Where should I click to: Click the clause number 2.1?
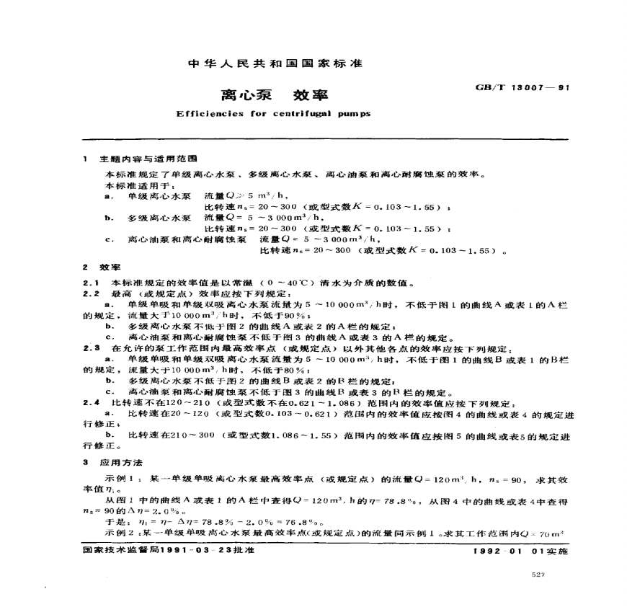[x=91, y=282]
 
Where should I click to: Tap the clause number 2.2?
[x=91, y=293]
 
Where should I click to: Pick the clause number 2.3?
[x=91, y=347]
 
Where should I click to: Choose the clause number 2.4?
[x=91, y=402]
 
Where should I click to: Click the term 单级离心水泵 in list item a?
[x=159, y=195]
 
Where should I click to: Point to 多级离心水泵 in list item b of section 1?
[x=159, y=217]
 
